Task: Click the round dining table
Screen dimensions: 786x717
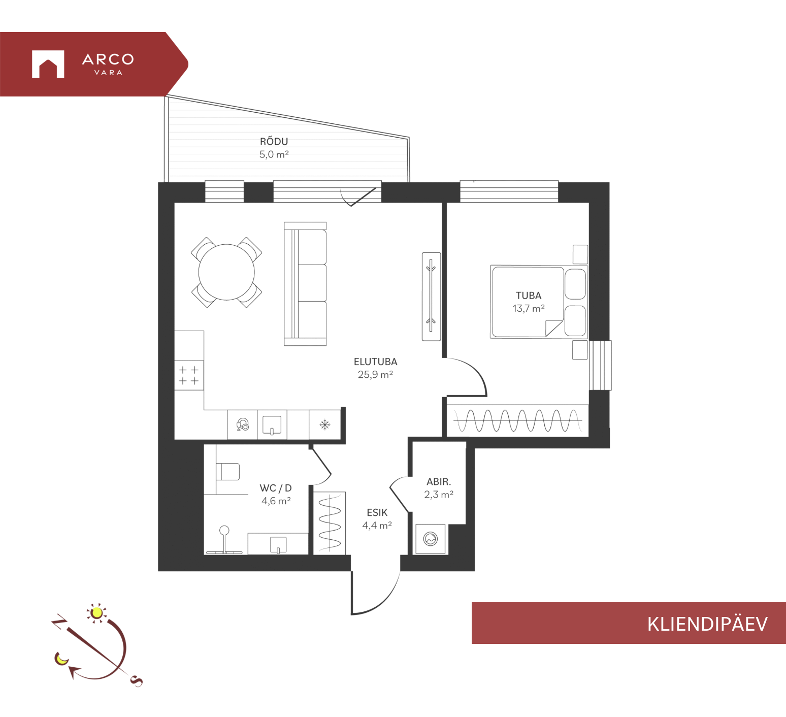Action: coord(226,272)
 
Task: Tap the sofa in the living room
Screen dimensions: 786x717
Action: coord(305,284)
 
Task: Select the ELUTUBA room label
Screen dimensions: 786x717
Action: coord(376,362)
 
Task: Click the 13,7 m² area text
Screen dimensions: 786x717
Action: coord(529,308)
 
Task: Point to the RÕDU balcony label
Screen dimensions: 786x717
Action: coord(274,141)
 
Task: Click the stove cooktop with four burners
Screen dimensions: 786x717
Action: coord(189,375)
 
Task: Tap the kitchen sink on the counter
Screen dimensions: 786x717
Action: coord(272,425)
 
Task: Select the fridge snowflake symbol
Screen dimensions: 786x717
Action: coord(325,425)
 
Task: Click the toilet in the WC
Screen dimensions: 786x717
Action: coord(227,471)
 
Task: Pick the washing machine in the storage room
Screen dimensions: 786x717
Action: coord(431,539)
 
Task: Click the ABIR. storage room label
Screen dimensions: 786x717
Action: coord(439,481)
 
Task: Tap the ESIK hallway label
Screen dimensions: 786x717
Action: coord(377,512)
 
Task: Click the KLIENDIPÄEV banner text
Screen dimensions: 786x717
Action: coord(707,624)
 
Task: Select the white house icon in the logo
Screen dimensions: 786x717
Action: coord(48,64)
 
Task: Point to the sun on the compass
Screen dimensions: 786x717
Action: coord(96,613)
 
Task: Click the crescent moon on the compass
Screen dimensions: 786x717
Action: coord(61,659)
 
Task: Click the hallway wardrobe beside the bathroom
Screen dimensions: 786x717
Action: coord(330,523)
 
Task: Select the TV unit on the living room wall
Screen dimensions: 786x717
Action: coord(431,296)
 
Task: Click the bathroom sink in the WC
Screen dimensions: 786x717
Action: coord(278,544)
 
